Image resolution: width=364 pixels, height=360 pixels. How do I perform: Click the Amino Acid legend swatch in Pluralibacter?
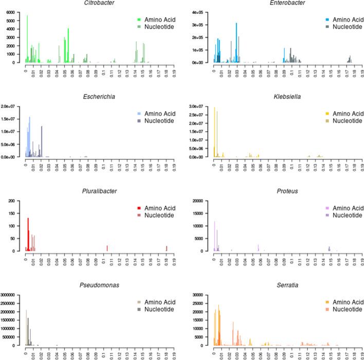(x=139, y=208)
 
